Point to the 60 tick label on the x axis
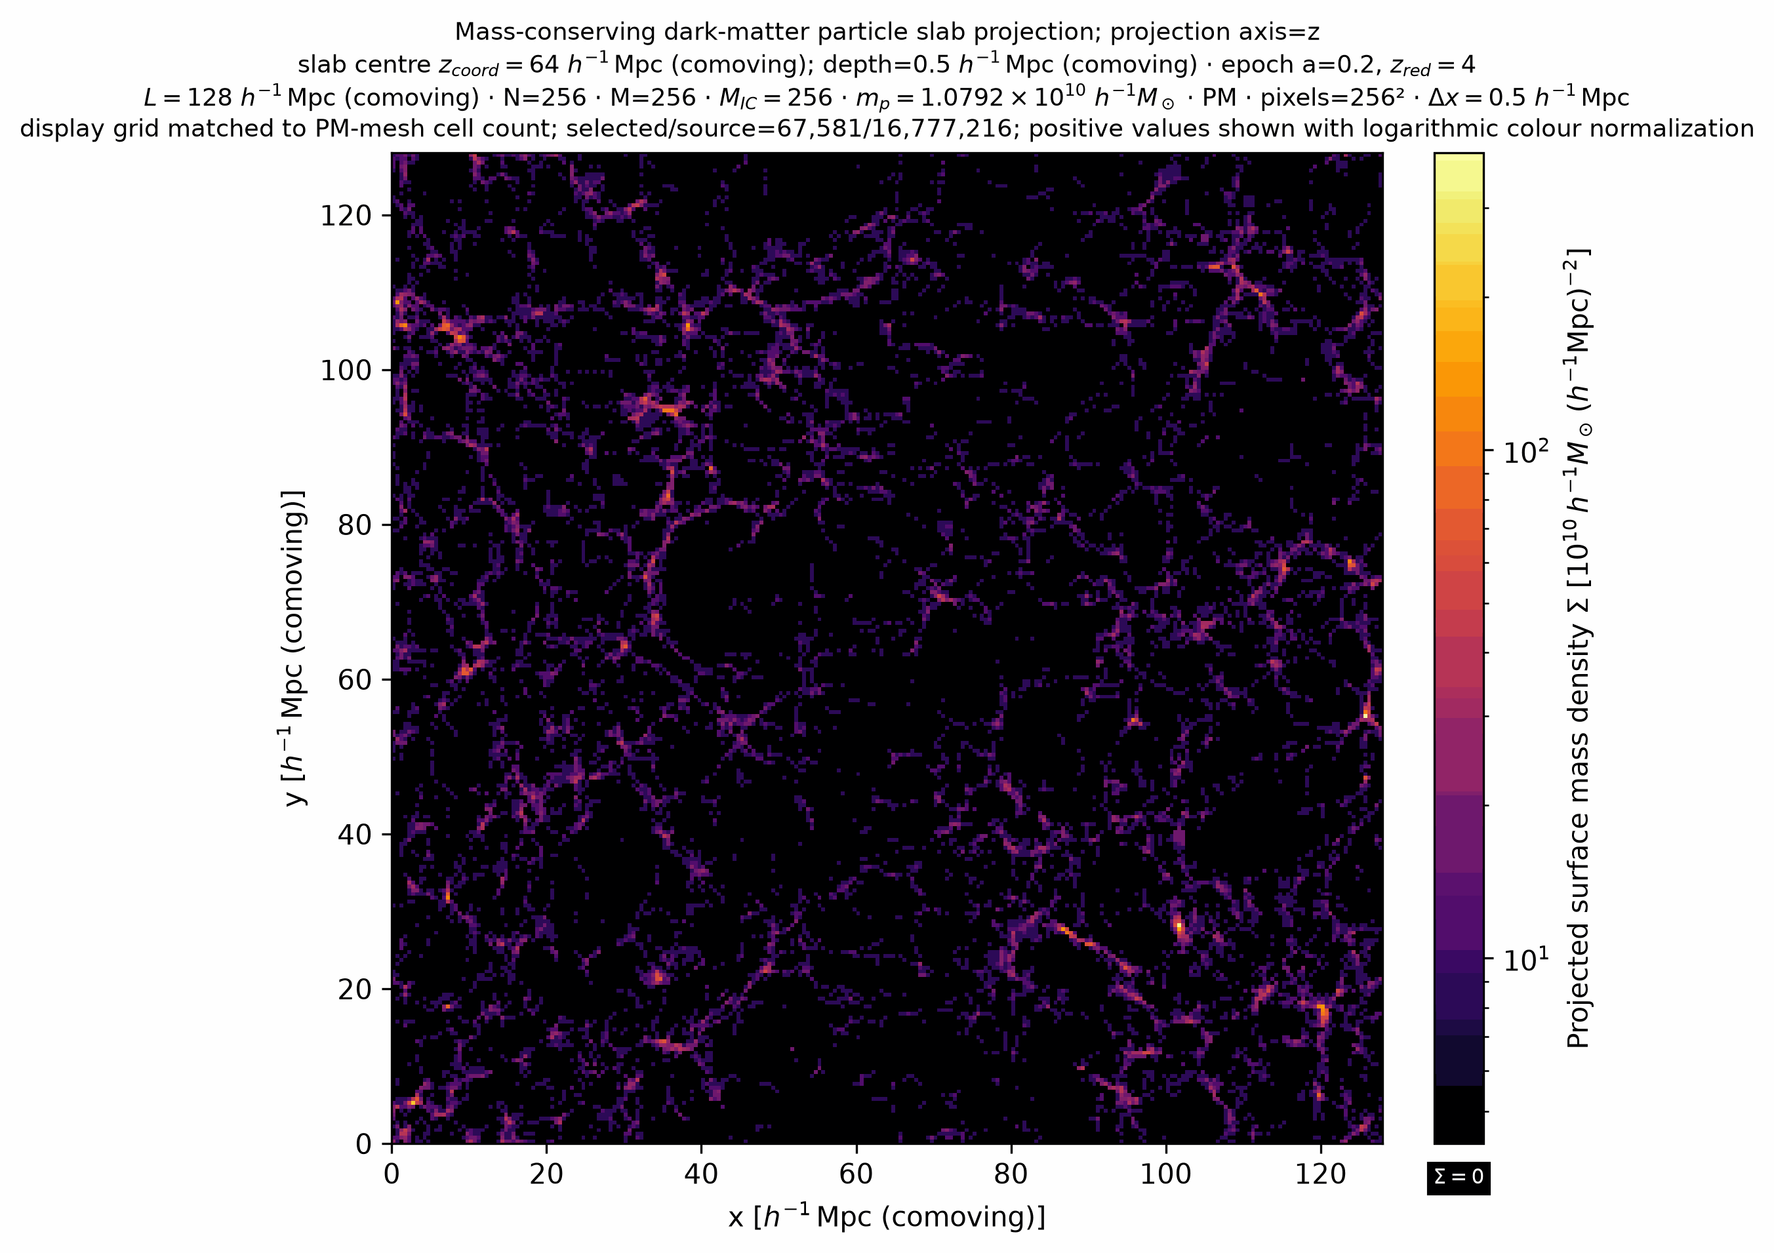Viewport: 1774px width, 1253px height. (x=856, y=1175)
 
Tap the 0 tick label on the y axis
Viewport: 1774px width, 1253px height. (x=364, y=1144)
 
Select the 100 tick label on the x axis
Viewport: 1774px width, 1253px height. (x=1166, y=1175)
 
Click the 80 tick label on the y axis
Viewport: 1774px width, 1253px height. (x=355, y=525)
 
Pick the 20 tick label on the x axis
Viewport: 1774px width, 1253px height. (x=546, y=1175)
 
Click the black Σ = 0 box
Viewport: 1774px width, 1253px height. (x=1459, y=1176)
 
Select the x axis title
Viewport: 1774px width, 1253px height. (x=887, y=1218)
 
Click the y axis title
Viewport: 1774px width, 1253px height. (x=294, y=647)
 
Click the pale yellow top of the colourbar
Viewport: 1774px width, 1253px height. (x=1459, y=166)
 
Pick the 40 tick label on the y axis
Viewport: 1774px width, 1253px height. (x=355, y=834)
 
